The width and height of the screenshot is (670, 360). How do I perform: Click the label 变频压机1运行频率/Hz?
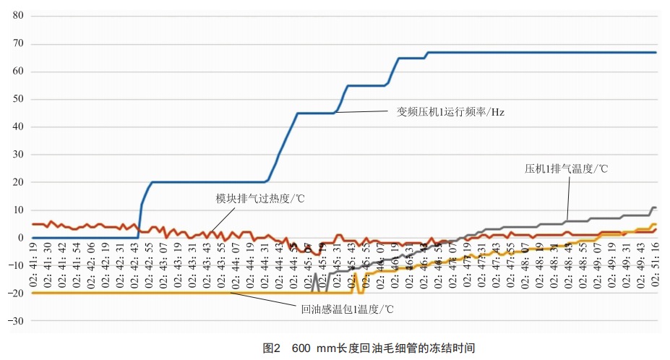coord(449,111)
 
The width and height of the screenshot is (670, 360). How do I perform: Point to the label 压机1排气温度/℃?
coord(565,169)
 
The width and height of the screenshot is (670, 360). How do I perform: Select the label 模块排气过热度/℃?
coord(260,198)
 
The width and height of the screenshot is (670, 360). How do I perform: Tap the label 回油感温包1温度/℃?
coord(347,309)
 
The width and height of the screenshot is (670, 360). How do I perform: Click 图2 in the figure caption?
coord(271,347)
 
